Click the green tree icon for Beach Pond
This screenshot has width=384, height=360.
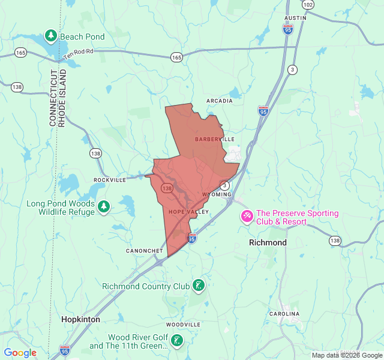[51, 37]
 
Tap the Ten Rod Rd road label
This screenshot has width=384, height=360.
[79, 52]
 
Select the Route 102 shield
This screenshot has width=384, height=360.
[308, 4]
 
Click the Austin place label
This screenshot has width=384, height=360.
[295, 18]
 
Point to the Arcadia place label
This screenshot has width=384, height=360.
[219, 101]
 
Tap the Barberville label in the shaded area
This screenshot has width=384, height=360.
[214, 139]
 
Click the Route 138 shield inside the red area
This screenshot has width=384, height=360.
[167, 188]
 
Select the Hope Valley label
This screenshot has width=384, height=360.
[188, 212]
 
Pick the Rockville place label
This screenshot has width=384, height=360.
[110, 179]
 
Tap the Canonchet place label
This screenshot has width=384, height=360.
[144, 250]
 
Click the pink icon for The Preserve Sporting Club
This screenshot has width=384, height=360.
[247, 217]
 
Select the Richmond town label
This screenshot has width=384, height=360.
[268, 242]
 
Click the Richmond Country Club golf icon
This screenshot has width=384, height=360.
[199, 286]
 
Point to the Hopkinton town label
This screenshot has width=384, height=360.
[80, 320]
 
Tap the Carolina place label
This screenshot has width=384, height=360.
[284, 314]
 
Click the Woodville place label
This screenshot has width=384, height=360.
[183, 325]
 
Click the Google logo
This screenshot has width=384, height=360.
[20, 353]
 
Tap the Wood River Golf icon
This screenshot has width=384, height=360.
[176, 341]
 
